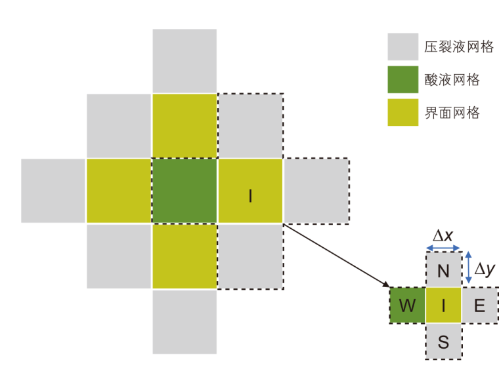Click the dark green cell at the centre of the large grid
point(184,191)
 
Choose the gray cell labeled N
point(443,269)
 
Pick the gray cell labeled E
point(480,305)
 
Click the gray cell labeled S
point(443,341)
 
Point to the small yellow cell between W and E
point(443,305)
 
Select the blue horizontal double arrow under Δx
point(443,248)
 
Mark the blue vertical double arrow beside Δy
point(468,269)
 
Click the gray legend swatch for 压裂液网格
point(402,47)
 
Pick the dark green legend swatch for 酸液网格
point(402,79)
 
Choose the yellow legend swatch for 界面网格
point(402,113)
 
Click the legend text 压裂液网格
point(459,47)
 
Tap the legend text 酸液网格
point(452,80)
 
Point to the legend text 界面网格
point(452,113)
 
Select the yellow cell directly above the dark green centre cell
point(184,125)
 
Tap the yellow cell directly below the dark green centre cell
point(184,256)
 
